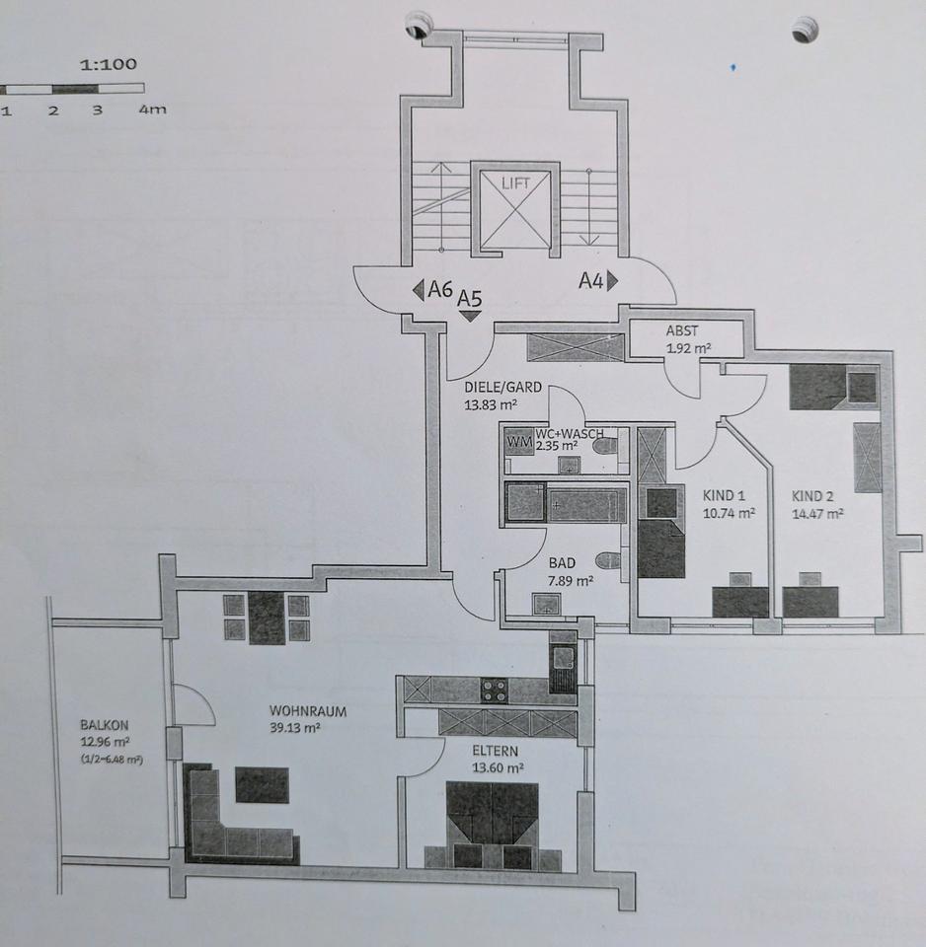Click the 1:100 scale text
109,64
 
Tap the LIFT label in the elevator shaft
515,183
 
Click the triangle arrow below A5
470,316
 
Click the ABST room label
682,330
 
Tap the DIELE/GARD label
502,387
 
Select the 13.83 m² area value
491,404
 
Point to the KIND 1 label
724,496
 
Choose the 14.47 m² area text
817,514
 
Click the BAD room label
562,563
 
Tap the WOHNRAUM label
308,711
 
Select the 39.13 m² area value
294,728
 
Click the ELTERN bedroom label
495,752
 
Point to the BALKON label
104,725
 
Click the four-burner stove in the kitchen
494,691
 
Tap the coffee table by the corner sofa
262,784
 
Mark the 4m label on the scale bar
152,109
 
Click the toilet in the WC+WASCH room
605,447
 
